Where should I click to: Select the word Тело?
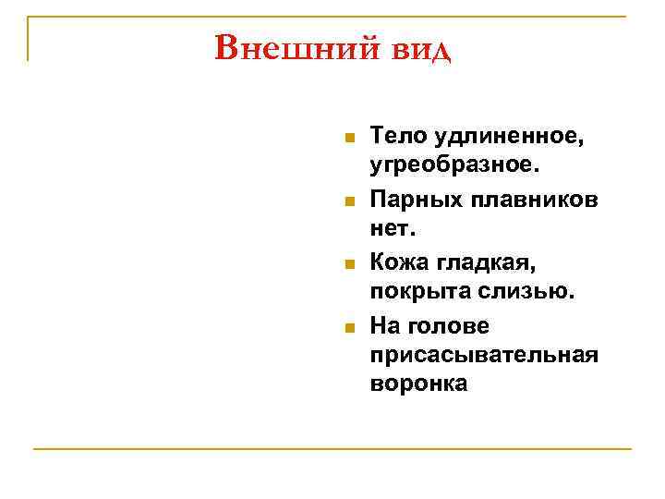point(394,136)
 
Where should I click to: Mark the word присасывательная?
point(484,355)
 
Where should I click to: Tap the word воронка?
point(418,384)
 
